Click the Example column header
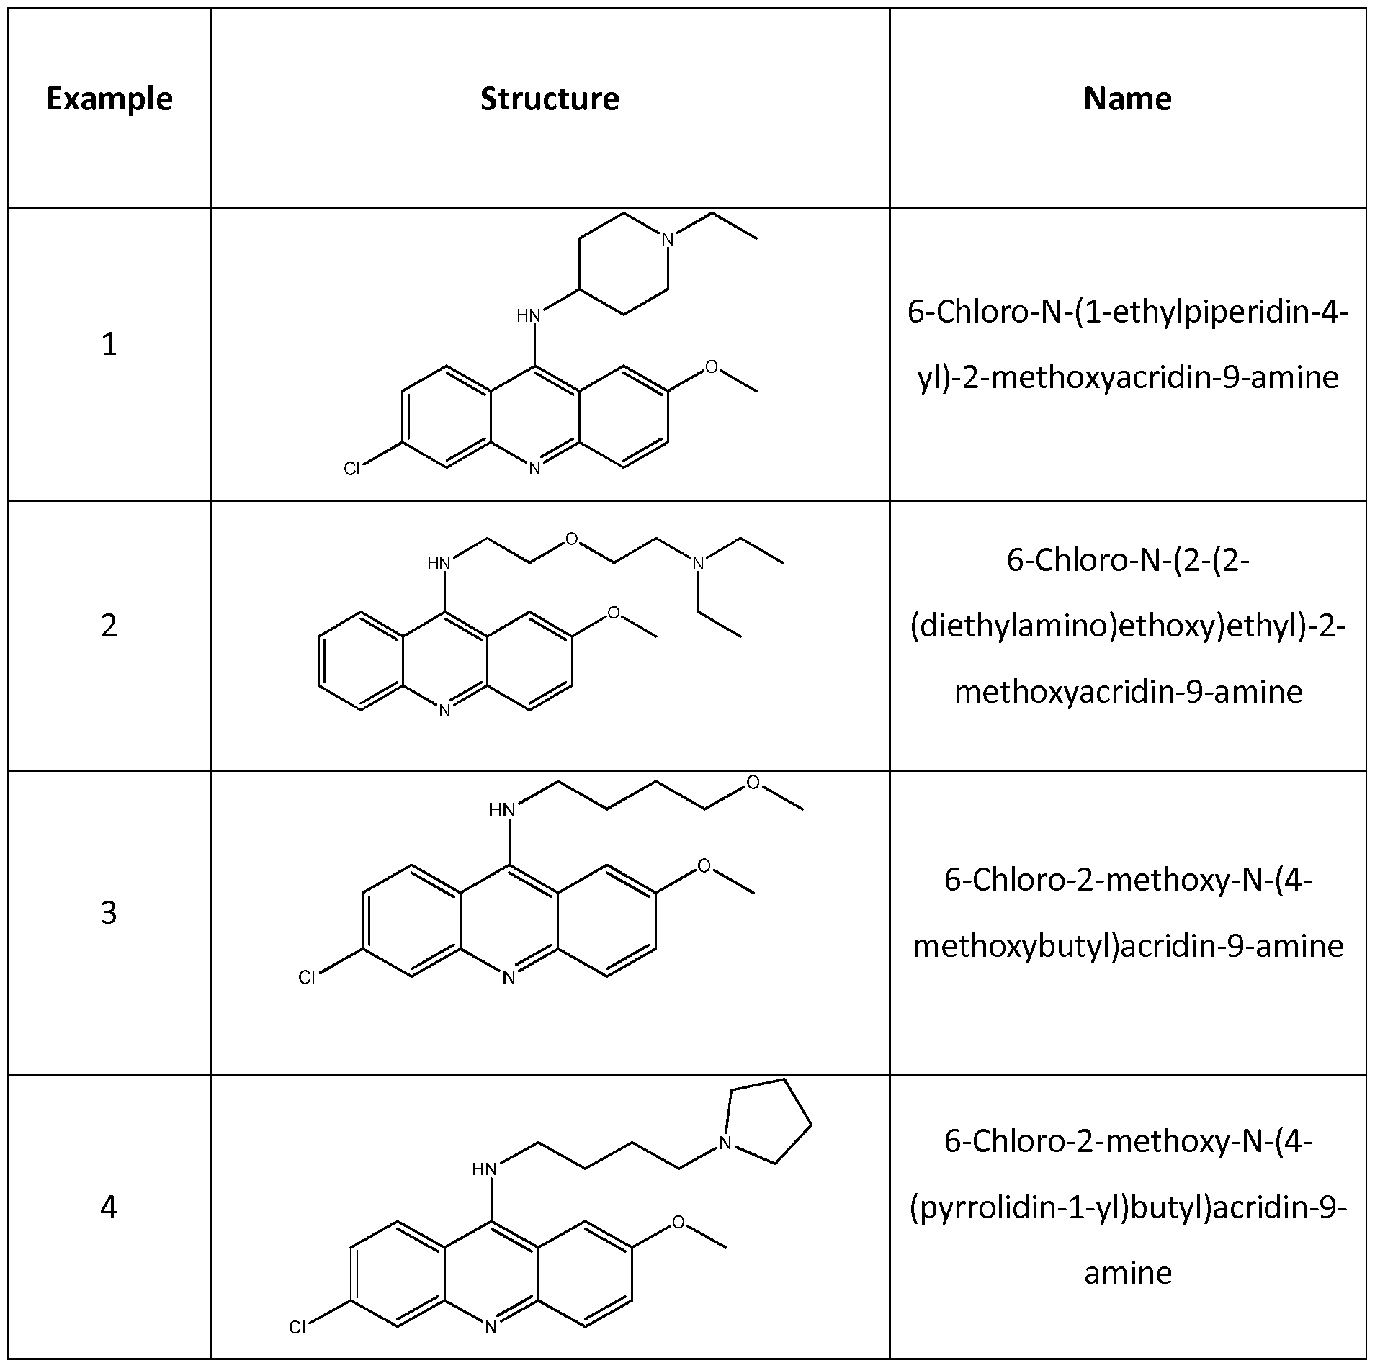[x=109, y=99]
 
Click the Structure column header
[x=550, y=99]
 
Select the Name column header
[x=1127, y=99]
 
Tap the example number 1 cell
[x=109, y=344]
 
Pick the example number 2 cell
[x=109, y=625]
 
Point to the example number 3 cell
[x=109, y=912]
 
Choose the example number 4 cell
[x=109, y=1206]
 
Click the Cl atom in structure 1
[x=351, y=469]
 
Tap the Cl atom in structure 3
[x=307, y=978]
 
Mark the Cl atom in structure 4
[x=297, y=1327]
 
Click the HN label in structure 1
[x=529, y=315]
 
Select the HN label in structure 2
[x=439, y=563]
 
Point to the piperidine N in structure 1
[x=668, y=239]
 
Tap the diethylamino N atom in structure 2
[x=697, y=563]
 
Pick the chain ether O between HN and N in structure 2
[x=571, y=539]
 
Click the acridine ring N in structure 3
[x=509, y=977]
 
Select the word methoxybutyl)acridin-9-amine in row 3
[x=1127, y=945]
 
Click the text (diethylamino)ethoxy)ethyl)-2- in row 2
[x=1127, y=626]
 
